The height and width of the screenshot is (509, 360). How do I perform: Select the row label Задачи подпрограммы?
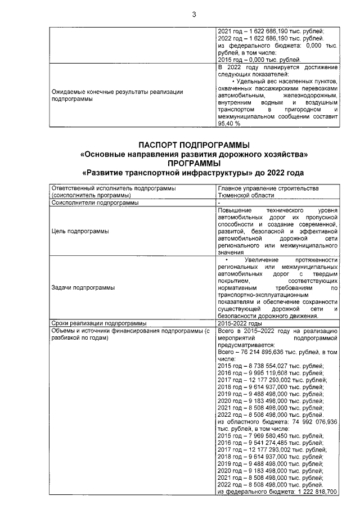[x=83, y=287]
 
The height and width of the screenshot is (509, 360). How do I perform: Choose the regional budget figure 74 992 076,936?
[x=314, y=421]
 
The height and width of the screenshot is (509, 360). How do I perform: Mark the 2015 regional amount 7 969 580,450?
[x=274, y=435]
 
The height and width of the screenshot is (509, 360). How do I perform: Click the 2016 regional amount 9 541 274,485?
[x=274, y=443]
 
